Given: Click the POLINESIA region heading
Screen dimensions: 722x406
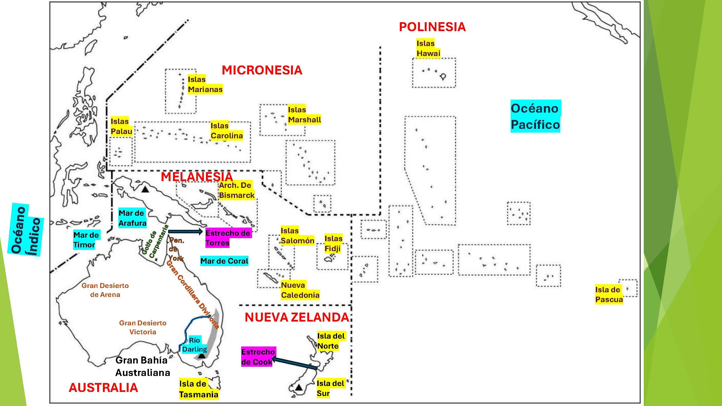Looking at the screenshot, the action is (432, 27).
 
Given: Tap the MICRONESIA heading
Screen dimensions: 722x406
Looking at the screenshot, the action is (262, 70).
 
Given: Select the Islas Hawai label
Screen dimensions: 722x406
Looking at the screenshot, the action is (428, 48).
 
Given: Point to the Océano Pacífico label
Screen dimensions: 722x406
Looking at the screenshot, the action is (535, 116).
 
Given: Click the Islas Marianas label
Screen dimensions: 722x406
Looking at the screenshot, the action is (205, 84).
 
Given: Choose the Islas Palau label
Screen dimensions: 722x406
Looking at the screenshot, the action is (121, 126).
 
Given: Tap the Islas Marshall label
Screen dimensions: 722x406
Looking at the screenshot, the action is (304, 114).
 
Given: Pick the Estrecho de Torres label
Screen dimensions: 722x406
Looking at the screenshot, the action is (228, 238).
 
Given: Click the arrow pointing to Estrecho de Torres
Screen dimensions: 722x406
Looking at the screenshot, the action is (185, 231).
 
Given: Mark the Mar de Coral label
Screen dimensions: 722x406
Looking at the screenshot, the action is (224, 261).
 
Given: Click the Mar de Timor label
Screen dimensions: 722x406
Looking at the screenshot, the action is (86, 240).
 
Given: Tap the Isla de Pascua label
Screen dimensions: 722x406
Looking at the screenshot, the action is (609, 294).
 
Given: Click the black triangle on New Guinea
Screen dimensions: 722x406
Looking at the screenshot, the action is (145, 189).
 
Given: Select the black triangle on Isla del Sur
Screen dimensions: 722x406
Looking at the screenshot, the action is (299, 388).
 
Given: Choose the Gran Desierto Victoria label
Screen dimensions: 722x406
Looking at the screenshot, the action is (143, 327).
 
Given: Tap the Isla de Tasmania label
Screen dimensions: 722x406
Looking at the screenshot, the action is (199, 389).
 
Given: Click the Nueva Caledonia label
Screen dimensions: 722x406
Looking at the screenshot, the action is (300, 290).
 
